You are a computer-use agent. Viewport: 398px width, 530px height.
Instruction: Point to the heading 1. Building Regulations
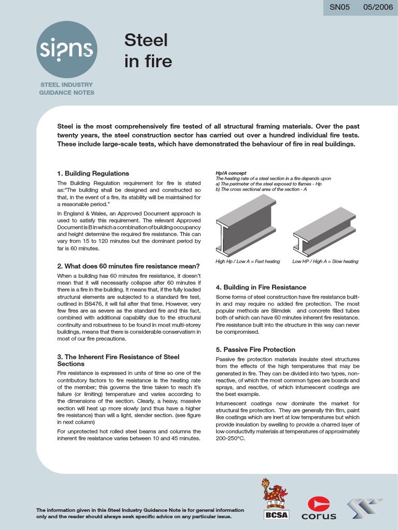pos(93,173)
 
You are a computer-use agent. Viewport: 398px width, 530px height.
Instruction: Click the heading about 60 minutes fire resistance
pos(128,266)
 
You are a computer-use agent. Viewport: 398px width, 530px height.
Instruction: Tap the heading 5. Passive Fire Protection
pos(255,349)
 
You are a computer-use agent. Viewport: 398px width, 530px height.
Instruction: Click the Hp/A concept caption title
pos(231,173)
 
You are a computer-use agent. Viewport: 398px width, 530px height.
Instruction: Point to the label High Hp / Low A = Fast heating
pos(248,261)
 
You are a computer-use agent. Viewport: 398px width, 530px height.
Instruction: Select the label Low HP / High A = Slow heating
pos(325,261)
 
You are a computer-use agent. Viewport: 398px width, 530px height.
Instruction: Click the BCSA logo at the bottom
pos(275,499)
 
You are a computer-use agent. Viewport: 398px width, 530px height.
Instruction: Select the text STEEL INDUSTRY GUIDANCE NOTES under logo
pos(67,88)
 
